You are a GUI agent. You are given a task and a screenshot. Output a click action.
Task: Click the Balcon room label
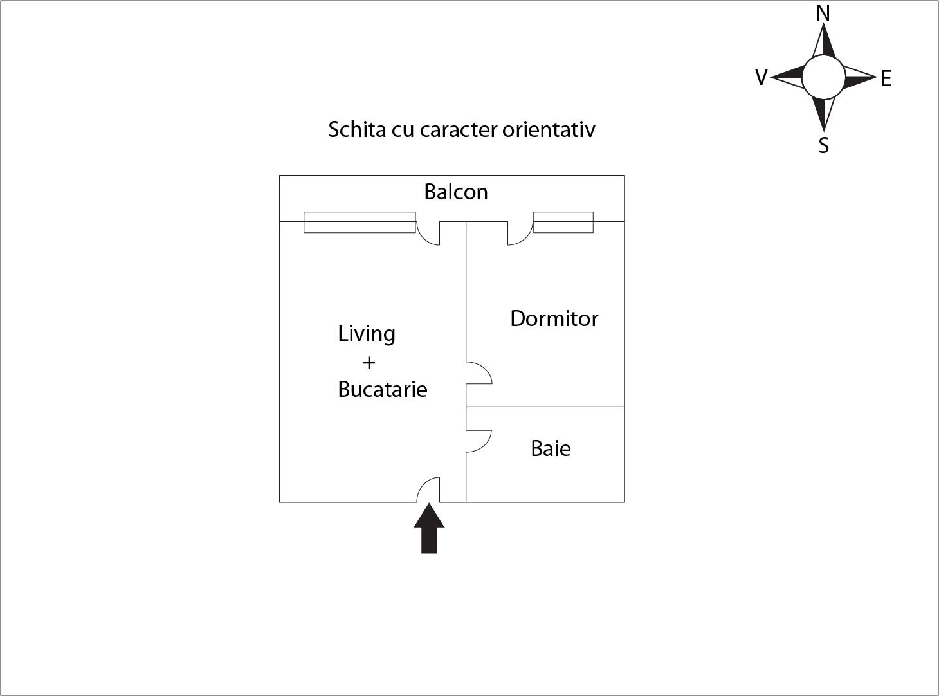pyautogui.click(x=455, y=192)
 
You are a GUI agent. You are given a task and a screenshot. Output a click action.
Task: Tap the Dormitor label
pyautogui.click(x=554, y=318)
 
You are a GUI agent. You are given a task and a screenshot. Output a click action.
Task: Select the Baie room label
pyautogui.click(x=551, y=448)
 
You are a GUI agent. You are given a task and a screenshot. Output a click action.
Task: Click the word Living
pyautogui.click(x=367, y=334)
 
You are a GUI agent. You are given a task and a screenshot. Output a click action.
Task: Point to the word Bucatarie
pyautogui.click(x=383, y=389)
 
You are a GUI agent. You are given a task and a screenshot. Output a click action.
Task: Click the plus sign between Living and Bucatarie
pyautogui.click(x=369, y=363)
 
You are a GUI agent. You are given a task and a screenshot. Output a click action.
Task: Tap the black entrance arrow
pyautogui.click(x=429, y=529)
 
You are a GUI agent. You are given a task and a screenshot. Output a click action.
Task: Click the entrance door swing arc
pyautogui.click(x=427, y=489)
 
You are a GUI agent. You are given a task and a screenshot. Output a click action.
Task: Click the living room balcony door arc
pyautogui.click(x=428, y=234)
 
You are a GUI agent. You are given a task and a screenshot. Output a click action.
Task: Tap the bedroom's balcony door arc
pyautogui.click(x=520, y=234)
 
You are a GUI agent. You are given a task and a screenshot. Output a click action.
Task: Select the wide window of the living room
pyautogui.click(x=360, y=222)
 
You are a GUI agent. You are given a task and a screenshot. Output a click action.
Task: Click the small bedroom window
pyautogui.click(x=563, y=222)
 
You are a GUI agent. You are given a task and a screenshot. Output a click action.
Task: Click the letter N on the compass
pyautogui.click(x=823, y=14)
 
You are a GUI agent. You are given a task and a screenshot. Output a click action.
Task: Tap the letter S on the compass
pyautogui.click(x=823, y=146)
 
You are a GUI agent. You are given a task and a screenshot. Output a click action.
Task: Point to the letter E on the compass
pyautogui.click(x=886, y=79)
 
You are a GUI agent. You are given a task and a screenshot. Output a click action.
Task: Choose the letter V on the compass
pyautogui.click(x=761, y=78)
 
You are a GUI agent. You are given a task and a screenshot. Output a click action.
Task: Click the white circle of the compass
pyautogui.click(x=823, y=77)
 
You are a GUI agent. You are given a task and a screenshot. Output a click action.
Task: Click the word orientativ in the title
pyautogui.click(x=549, y=129)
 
